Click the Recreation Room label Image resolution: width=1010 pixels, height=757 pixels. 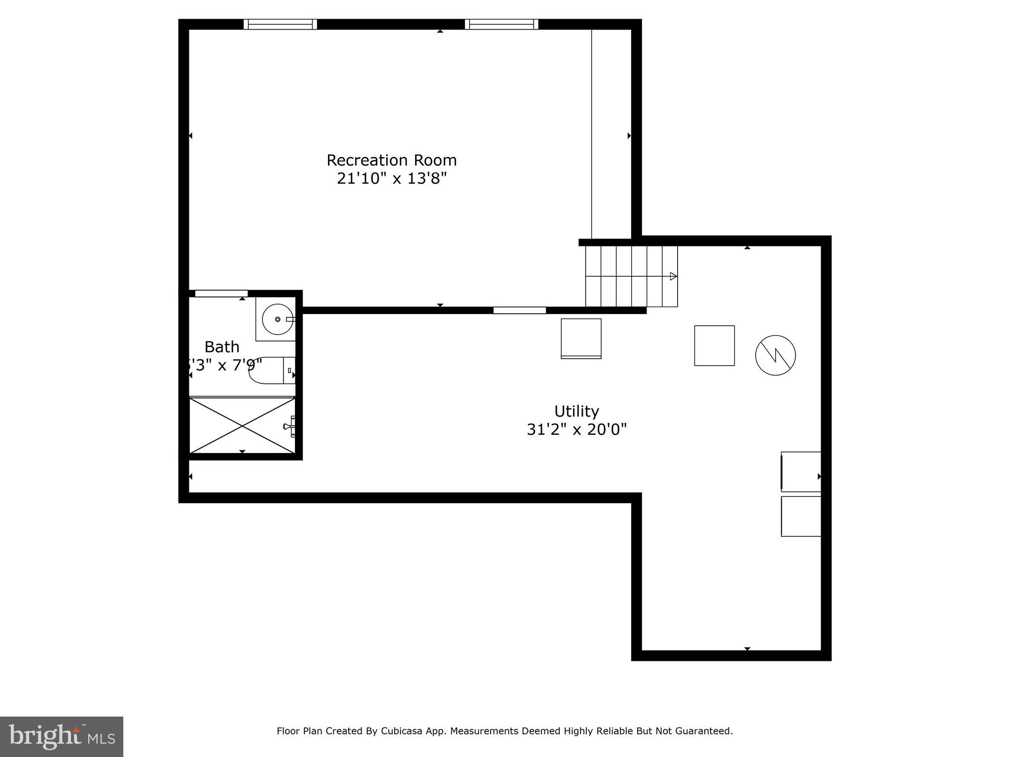(392, 160)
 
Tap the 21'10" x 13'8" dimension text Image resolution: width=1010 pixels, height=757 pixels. (392, 178)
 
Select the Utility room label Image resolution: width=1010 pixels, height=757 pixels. (577, 411)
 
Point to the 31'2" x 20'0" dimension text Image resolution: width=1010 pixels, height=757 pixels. (577, 430)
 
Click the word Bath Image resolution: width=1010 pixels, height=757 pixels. (222, 347)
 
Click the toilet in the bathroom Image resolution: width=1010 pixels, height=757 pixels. (271, 371)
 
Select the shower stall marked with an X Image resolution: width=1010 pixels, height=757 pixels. (242, 425)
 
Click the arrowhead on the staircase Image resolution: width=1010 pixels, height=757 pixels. (673, 276)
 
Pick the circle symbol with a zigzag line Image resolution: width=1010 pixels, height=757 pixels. (775, 355)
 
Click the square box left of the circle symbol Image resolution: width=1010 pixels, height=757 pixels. (714, 345)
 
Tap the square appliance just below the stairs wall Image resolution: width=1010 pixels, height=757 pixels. (581, 339)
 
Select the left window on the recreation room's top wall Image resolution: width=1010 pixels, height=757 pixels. (280, 24)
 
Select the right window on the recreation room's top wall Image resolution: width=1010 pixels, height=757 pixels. (502, 24)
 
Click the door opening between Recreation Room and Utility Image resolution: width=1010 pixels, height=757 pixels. (519, 310)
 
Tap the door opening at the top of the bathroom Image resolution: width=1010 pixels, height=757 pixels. (221, 294)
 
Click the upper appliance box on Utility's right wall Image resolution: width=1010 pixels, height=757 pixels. (801, 472)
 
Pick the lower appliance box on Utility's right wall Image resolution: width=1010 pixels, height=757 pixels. (801, 516)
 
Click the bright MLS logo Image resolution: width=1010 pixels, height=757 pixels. (62, 736)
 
